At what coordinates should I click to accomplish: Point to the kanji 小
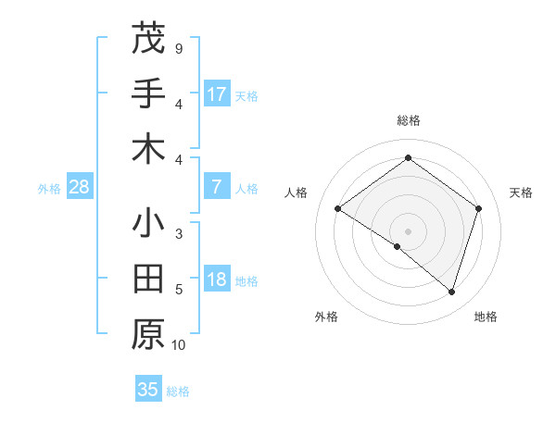pyautogui.click(x=148, y=224)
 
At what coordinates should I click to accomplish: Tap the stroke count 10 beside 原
pyautogui.click(x=179, y=345)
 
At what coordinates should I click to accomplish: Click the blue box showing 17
pyautogui.click(x=217, y=93)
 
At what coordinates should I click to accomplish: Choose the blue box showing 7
pyautogui.click(x=217, y=187)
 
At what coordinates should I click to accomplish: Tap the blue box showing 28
pyautogui.click(x=80, y=187)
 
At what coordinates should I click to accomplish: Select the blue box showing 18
pyautogui.click(x=217, y=280)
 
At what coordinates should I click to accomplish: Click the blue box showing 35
pyautogui.click(x=148, y=390)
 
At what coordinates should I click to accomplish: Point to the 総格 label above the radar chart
pyautogui.click(x=408, y=120)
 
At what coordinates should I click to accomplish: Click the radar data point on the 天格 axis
pyautogui.click(x=478, y=208)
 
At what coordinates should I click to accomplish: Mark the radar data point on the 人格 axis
pyautogui.click(x=337, y=208)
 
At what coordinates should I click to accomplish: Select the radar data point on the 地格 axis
pyautogui.click(x=451, y=292)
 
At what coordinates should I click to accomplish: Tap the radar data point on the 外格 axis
pyautogui.click(x=398, y=246)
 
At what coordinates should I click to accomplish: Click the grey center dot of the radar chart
pyautogui.click(x=408, y=230)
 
